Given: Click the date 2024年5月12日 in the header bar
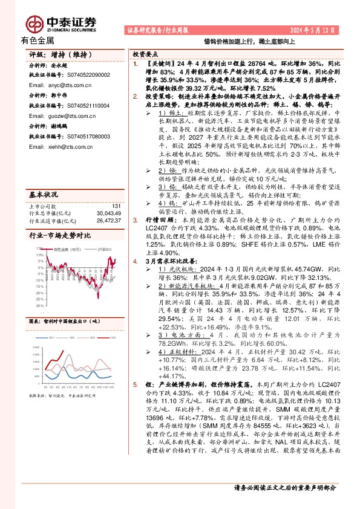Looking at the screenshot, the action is pyautogui.click(x=313, y=30).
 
